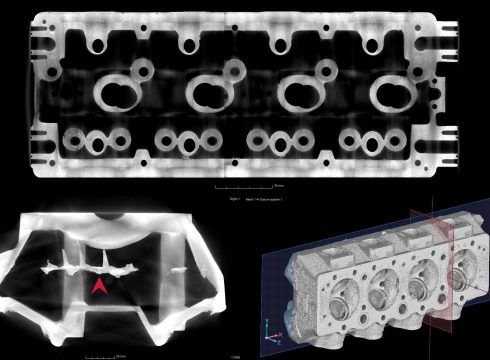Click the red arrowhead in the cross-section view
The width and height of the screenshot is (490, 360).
coord(99,288)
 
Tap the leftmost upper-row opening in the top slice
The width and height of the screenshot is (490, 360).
coord(99,45)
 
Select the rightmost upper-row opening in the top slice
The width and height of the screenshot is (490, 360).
coord(370,45)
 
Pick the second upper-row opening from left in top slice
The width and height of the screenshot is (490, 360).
coord(189,45)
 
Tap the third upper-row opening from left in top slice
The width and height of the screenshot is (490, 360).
coord(280,45)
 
